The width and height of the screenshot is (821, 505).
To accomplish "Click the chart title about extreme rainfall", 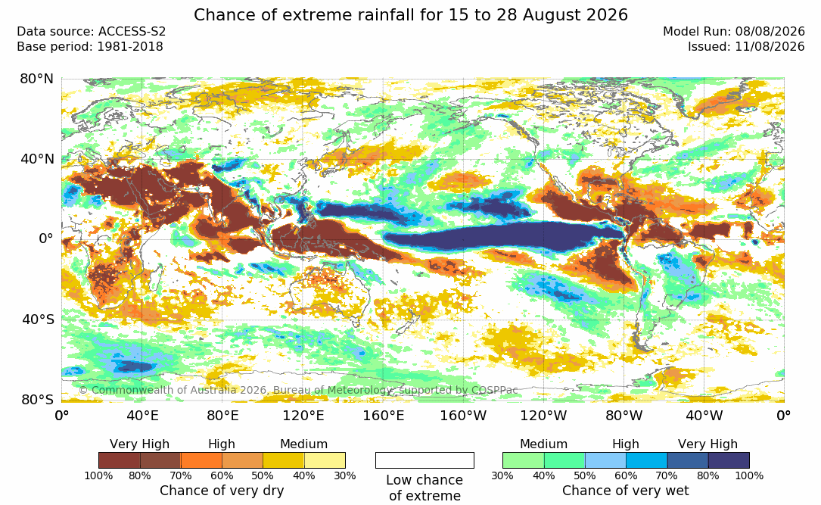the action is [410, 14].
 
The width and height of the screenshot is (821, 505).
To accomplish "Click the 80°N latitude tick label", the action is [36, 79].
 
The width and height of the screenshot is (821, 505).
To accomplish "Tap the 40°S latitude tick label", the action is [38, 320].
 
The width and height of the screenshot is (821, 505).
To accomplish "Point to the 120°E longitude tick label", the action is [303, 416].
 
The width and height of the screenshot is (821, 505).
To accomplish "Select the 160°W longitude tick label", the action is [463, 416].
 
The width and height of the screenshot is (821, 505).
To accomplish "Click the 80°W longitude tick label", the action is [624, 416].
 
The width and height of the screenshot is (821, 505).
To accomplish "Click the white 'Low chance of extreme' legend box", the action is [424, 460].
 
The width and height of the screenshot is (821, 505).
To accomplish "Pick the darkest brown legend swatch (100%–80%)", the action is [120, 460].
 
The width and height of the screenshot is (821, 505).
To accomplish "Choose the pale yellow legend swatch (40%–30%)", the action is [325, 460].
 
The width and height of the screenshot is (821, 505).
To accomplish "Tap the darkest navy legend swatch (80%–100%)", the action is [729, 460].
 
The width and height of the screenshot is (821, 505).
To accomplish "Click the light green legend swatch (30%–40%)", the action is [523, 460].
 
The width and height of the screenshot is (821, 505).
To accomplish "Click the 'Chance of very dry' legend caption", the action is [222, 491].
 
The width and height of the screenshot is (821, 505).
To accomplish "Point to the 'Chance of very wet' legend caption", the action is [626, 491].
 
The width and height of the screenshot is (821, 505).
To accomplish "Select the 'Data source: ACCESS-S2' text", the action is [91, 32].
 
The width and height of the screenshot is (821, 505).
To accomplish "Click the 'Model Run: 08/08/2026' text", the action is [733, 32].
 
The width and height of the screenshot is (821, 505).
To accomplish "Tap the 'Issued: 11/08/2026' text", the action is [746, 47].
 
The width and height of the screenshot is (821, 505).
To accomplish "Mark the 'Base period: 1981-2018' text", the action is [90, 47].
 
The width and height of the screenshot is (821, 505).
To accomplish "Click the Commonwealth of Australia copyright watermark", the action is [298, 390].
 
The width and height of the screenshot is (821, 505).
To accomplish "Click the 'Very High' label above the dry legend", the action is [139, 444].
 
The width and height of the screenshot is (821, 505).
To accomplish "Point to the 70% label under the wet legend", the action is [667, 475].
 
